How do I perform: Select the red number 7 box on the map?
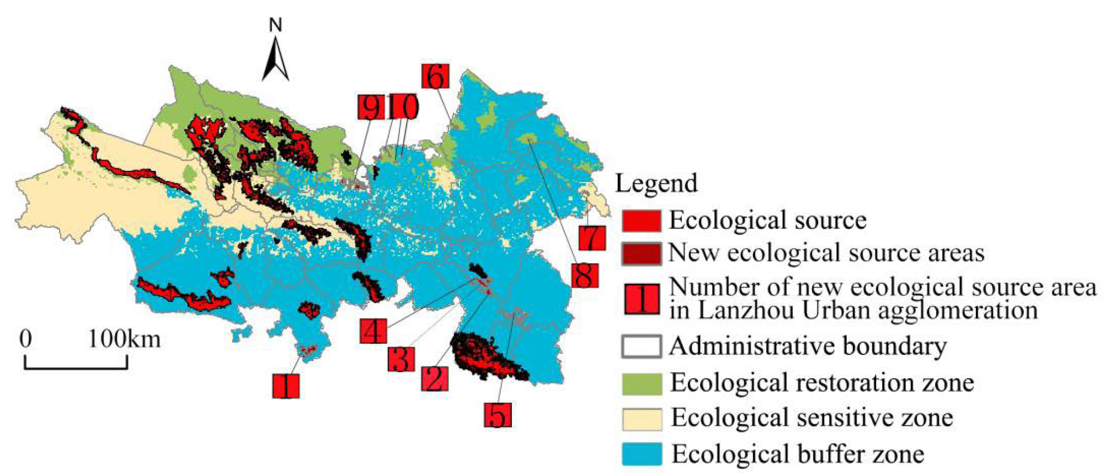[592, 238]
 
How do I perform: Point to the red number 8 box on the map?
[585, 275]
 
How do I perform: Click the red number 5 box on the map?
[498, 414]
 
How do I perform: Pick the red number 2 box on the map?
[435, 379]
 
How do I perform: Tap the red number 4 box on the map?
[373, 330]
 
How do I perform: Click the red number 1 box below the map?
[286, 385]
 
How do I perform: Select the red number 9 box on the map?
[371, 107]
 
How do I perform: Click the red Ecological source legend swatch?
[641, 220]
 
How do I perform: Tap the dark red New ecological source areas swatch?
[641, 254]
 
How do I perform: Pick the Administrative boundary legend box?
[641, 346]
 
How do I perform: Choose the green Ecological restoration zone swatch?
[641, 383]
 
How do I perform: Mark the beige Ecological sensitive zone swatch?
[641, 419]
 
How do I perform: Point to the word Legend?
[656, 183]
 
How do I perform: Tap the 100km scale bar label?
[124, 340]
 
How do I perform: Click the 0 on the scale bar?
[26, 340]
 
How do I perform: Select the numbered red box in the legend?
[642, 299]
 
